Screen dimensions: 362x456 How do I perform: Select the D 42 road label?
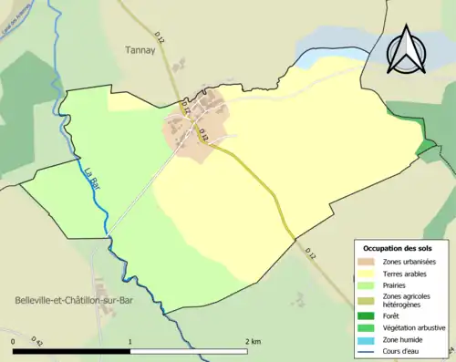[x=37, y=341]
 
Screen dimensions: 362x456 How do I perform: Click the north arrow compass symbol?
[x=408, y=49]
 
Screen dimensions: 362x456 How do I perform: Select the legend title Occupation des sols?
[x=398, y=248]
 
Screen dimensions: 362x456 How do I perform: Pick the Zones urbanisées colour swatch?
[x=369, y=263]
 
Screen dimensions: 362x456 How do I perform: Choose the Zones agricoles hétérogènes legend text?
[x=409, y=300]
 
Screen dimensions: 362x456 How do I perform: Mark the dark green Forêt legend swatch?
[x=369, y=315]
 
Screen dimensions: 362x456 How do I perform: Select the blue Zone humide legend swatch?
[x=369, y=339]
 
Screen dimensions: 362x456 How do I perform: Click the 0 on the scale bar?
[x=14, y=342]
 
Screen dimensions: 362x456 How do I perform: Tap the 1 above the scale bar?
[x=130, y=342]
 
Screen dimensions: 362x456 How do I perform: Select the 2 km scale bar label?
[x=253, y=342]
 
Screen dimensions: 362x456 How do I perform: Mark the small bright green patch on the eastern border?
[x=425, y=147]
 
